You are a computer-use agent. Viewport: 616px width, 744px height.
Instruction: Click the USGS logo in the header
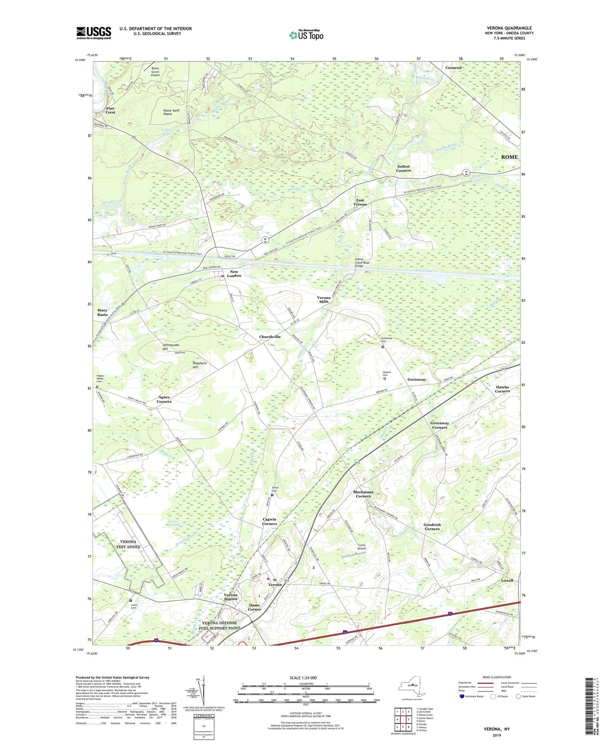click(94, 32)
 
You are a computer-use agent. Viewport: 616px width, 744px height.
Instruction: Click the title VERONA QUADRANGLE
click(509, 28)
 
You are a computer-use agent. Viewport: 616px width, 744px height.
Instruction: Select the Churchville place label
click(270, 337)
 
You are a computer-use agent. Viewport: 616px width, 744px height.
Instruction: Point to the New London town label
click(234, 274)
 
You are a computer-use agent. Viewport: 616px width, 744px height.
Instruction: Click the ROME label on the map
click(509, 157)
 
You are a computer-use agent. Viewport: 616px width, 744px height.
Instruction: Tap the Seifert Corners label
click(403, 168)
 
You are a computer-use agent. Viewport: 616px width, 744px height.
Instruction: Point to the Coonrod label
click(453, 68)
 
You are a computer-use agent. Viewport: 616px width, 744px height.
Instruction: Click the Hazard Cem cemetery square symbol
click(385, 378)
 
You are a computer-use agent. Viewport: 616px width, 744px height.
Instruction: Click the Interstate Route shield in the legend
click(462, 697)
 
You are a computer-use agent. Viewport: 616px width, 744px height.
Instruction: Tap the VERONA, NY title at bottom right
click(497, 729)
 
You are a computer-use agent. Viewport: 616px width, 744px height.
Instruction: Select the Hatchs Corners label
click(502, 389)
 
